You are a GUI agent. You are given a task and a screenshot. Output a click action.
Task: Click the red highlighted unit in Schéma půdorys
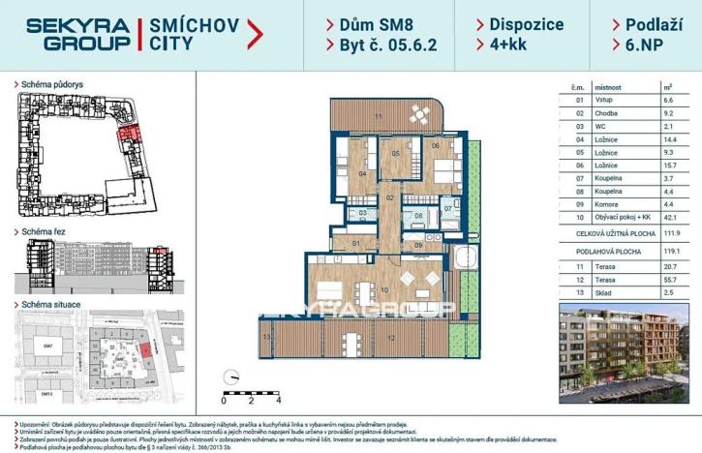coord(128,141)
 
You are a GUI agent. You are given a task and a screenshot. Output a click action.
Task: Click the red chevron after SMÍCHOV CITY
coord(255,34)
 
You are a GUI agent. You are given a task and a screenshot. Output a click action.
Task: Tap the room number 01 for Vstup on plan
coord(355,243)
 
